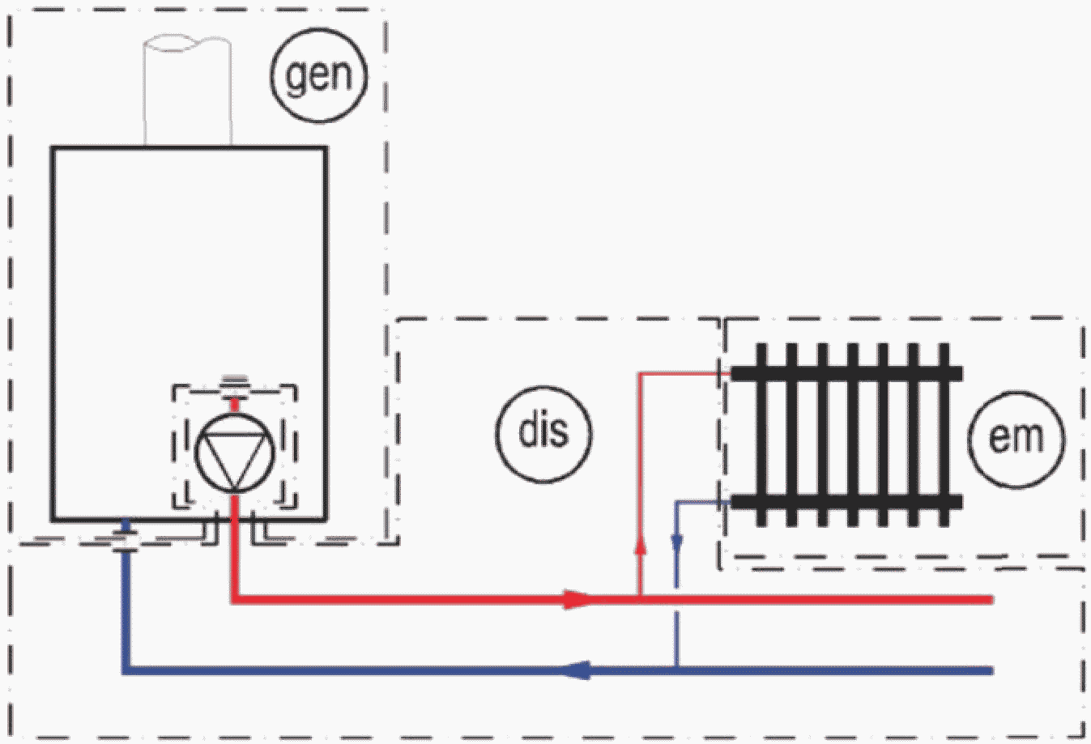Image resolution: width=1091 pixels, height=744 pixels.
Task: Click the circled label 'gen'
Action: tap(319, 75)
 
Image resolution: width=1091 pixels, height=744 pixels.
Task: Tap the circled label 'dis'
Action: tap(544, 434)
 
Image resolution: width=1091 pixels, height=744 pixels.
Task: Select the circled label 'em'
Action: tap(1016, 440)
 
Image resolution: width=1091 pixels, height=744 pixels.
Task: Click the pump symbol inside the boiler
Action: tap(235, 453)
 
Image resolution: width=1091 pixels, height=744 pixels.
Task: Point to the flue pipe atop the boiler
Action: tap(188, 90)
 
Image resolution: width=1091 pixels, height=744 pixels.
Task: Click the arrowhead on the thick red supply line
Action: tap(578, 599)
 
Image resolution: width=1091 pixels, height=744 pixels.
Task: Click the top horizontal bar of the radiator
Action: tap(847, 373)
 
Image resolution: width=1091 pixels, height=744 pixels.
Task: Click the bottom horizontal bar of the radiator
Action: tap(847, 501)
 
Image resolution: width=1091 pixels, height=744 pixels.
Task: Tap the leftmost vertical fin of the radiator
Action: tap(761, 435)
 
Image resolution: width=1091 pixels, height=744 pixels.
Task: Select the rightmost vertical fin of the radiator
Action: tap(944, 435)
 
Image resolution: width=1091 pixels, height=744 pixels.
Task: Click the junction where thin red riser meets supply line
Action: tap(641, 599)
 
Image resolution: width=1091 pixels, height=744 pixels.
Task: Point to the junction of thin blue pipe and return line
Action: tap(677, 671)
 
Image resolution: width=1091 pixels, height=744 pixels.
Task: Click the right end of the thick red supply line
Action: tap(991, 599)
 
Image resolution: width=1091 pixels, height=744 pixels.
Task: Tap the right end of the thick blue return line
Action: tap(991, 671)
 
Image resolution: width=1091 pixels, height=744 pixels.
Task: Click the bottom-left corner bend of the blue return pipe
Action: tap(126, 670)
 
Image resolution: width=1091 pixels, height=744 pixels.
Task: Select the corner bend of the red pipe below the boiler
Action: tap(235, 599)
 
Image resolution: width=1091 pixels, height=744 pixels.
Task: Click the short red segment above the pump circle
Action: tap(235, 405)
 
